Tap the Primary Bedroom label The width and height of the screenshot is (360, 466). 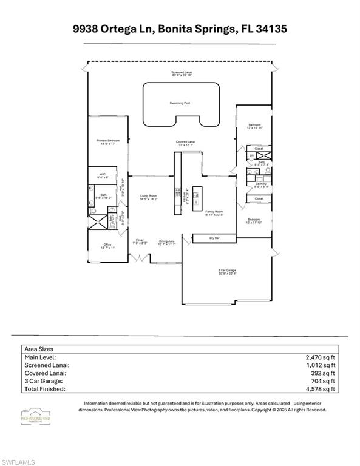(x=106, y=141)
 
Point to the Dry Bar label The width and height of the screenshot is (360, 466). (x=214, y=238)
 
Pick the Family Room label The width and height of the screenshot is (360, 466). (x=214, y=211)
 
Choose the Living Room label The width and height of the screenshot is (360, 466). (x=149, y=196)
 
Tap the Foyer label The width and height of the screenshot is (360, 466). (x=139, y=240)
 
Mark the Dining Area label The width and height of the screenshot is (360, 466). (x=167, y=241)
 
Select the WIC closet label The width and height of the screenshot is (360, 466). (x=103, y=174)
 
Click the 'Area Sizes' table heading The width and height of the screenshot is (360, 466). (x=39, y=349)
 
